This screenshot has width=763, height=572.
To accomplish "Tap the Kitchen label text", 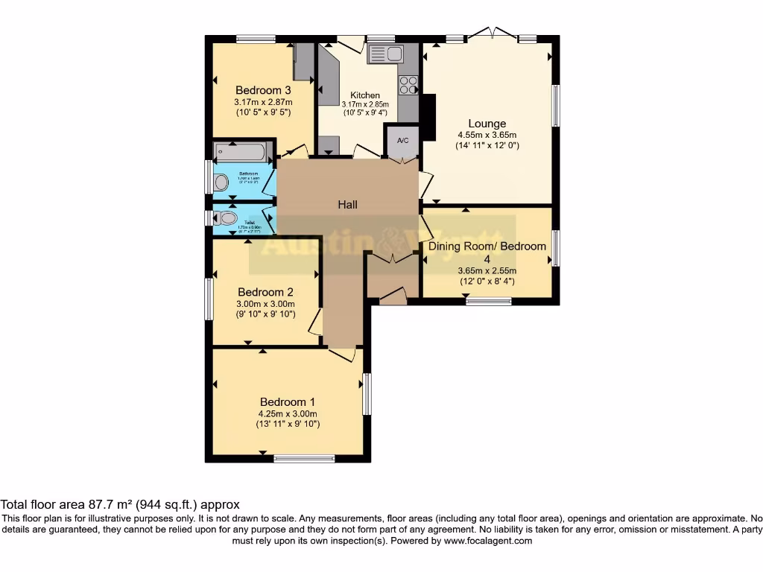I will [x=365, y=95].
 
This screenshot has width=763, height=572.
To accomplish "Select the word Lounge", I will [x=487, y=124].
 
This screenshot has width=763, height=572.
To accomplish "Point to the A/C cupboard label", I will [x=403, y=141].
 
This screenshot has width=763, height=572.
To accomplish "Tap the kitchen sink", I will [x=384, y=54].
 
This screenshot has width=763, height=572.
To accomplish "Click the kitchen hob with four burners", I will [x=408, y=85].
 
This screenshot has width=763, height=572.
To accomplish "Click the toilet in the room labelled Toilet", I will [x=227, y=218].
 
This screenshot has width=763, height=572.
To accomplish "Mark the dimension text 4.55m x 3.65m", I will [x=487, y=135].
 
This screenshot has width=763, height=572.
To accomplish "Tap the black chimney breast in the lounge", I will [x=428, y=117].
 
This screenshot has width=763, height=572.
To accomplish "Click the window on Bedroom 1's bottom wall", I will [x=299, y=459].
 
